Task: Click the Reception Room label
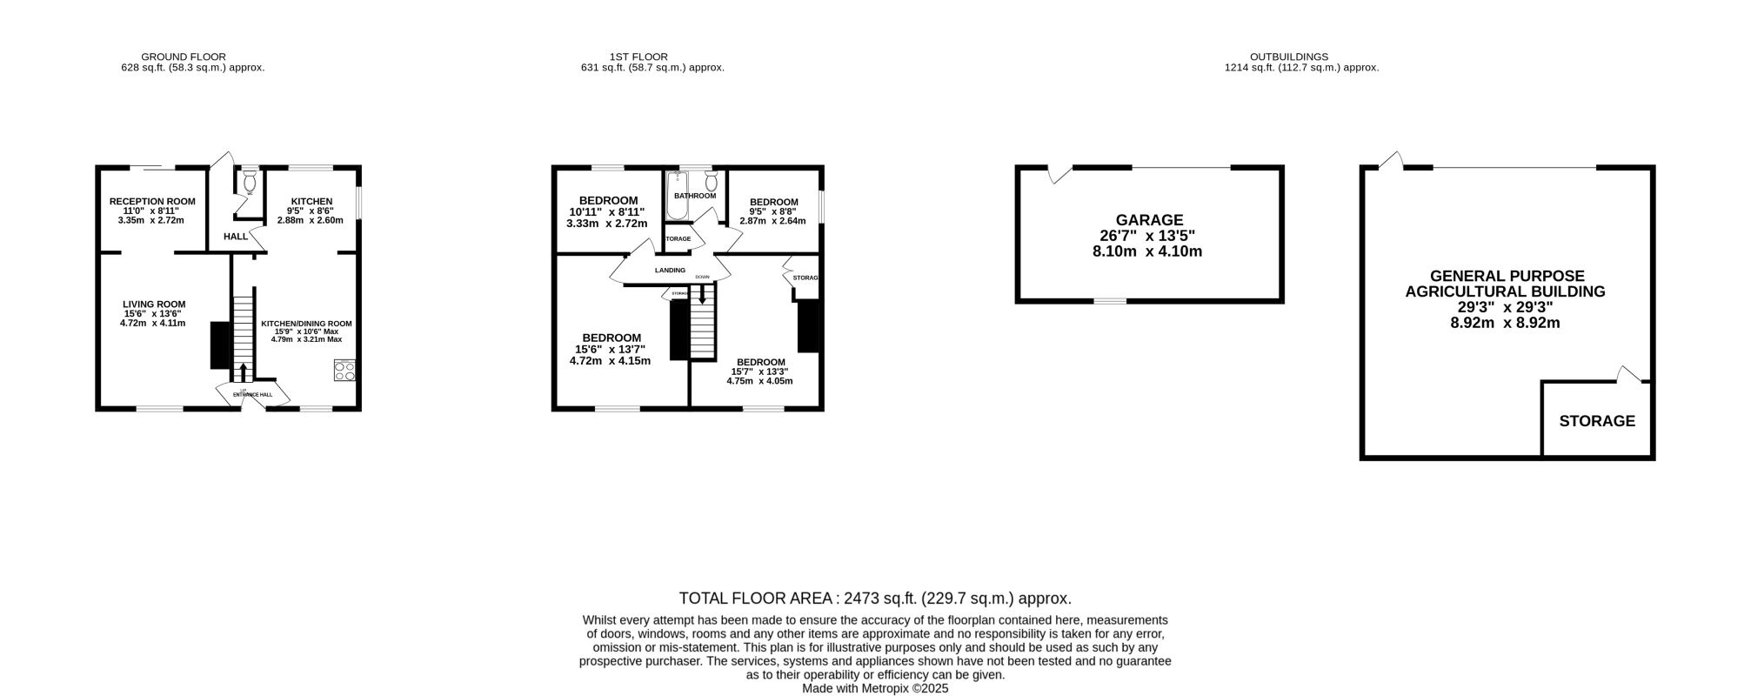152,201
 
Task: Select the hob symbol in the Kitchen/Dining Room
344,371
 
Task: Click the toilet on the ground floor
251,181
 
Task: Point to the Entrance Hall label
252,395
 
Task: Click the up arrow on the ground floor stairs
242,371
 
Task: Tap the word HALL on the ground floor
236,237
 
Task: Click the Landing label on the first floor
670,271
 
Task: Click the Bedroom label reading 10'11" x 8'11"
608,201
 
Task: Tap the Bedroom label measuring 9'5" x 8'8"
773,202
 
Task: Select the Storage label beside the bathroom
678,238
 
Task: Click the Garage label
1149,220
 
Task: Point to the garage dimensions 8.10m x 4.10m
1149,251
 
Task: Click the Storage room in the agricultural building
1596,421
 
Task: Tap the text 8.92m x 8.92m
1506,323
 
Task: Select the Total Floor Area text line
874,599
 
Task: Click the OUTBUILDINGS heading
1300,57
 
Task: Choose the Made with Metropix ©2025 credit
874,688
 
